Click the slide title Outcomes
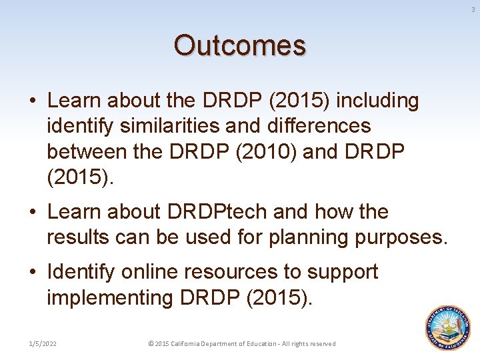[240, 46]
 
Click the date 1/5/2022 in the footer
[42, 343]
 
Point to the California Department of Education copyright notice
[241, 343]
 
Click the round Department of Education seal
[448, 328]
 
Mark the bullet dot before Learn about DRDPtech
[33, 213]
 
